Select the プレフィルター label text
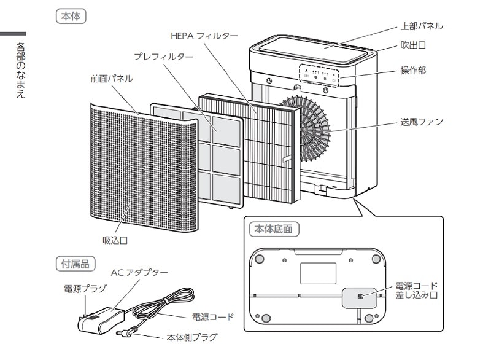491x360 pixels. pos(163,57)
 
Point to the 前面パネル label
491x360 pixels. pos(111,79)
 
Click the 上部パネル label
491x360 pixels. pos(421,26)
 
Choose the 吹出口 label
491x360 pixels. pos(413,45)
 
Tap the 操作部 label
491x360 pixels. pos(413,71)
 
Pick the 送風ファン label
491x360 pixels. pos(421,122)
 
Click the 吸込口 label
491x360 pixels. pos(115,240)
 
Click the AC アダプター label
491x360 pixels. pos(139,273)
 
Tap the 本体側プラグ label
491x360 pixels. pos(191,337)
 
